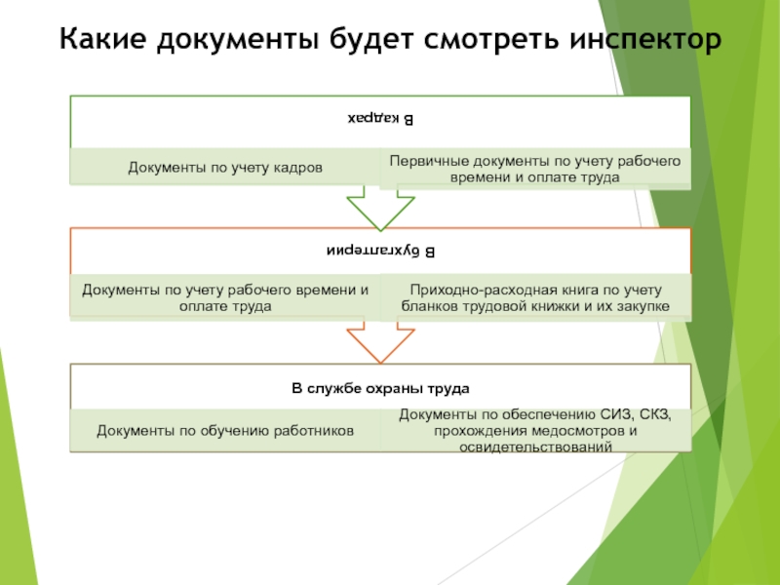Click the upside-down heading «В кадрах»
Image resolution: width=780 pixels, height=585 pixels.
pos(379,119)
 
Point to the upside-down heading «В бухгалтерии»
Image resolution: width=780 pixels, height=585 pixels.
pos(379,252)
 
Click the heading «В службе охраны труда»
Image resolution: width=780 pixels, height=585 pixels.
pos(380,388)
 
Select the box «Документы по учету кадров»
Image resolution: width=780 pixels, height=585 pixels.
pos(224,167)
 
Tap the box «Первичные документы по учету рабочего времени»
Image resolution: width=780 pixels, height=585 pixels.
pos(535,167)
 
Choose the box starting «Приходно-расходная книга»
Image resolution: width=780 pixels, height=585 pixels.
pos(535,297)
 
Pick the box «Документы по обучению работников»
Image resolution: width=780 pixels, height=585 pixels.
pos(224,430)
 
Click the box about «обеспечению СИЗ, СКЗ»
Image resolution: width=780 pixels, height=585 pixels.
pos(535,431)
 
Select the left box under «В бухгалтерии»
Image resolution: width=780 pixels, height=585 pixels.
pos(224,297)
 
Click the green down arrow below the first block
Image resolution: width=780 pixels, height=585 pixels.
pos(380,207)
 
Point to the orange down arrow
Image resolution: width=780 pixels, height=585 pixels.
pos(380,341)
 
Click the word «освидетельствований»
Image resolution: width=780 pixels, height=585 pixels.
pos(535,446)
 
